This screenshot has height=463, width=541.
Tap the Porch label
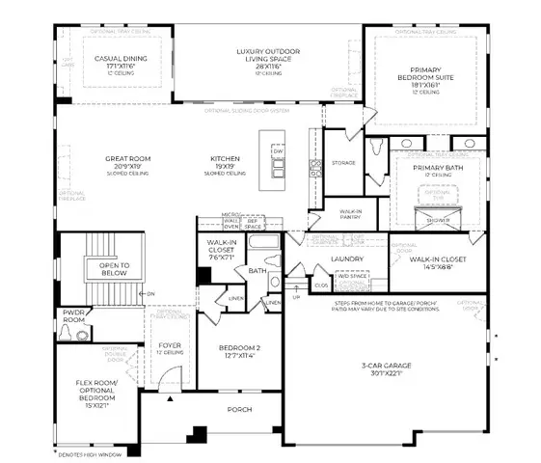point(238,409)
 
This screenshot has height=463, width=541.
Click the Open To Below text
point(114,267)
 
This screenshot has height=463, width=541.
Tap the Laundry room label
point(345,259)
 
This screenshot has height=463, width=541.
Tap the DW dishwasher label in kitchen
point(278,152)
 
